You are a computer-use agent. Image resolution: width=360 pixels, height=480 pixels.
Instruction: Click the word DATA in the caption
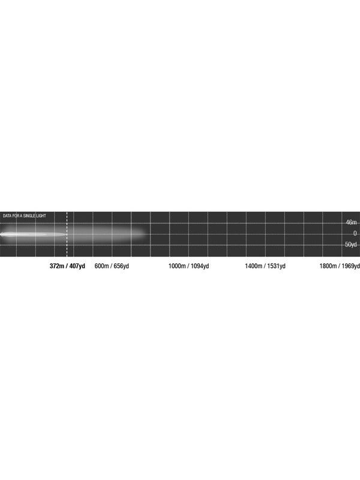(7, 216)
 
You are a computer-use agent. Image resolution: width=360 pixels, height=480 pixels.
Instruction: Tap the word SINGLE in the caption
(29, 216)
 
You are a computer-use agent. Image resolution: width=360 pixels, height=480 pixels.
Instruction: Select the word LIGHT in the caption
(41, 216)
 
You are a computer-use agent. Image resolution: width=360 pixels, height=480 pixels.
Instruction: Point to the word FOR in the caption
(16, 216)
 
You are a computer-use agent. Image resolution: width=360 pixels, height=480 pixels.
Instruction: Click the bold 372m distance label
(57, 266)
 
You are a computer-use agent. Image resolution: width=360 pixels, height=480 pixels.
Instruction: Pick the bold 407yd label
(77, 266)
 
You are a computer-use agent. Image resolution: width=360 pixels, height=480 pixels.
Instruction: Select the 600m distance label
(101, 266)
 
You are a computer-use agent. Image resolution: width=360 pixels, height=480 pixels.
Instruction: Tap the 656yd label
(121, 266)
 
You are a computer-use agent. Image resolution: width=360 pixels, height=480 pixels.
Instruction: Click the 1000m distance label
(177, 266)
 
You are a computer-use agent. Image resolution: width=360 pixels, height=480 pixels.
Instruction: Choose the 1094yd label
(200, 266)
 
